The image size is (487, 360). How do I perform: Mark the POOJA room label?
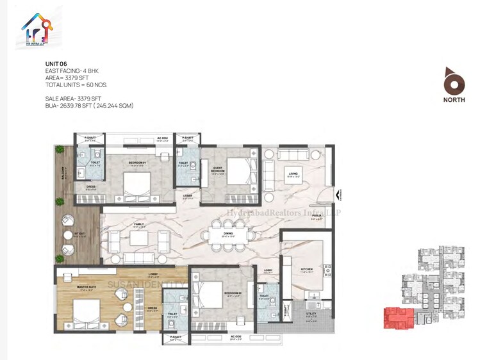[x=317, y=215]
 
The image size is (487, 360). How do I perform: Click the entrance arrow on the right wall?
[x=340, y=192]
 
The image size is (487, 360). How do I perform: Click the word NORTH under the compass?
[x=454, y=100]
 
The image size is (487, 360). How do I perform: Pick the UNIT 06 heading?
[x=56, y=64]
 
